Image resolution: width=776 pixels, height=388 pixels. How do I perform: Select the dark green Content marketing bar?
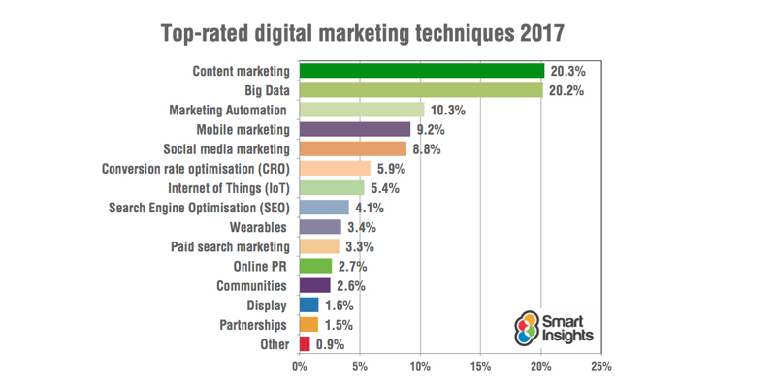[422, 70]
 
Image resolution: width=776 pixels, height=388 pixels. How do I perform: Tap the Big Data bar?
[421, 90]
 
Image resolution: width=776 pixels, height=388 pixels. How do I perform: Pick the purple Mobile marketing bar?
[355, 129]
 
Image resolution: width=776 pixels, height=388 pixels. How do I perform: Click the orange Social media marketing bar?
[353, 148]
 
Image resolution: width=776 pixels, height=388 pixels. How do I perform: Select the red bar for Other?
[305, 344]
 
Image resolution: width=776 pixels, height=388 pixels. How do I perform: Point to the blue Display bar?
[309, 305]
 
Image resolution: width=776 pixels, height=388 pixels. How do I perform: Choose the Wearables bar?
[320, 227]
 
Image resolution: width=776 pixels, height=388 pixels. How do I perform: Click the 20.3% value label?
[568, 70]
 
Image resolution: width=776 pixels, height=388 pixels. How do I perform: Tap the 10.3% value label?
[448, 110]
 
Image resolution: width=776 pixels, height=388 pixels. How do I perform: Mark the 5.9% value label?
[391, 169]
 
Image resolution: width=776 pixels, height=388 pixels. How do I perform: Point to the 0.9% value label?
[331, 344]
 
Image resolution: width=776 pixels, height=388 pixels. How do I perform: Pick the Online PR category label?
[261, 266]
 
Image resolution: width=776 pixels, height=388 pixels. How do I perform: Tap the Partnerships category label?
[253, 325]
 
